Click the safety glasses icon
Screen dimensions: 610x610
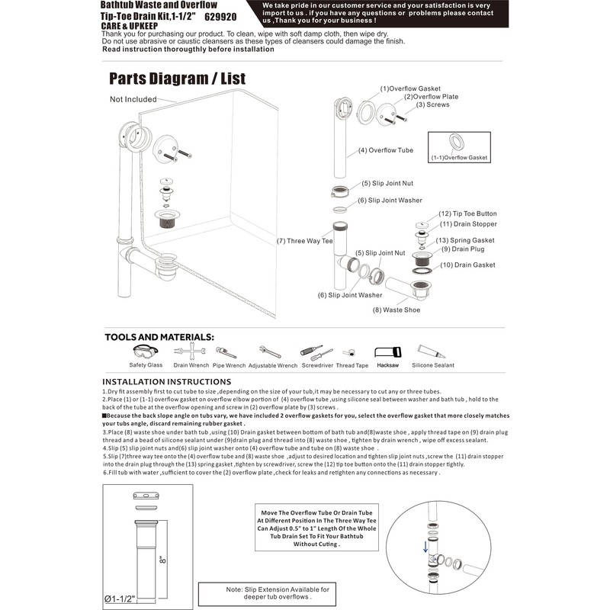coord(145,352)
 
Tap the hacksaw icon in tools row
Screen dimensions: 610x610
coord(387,352)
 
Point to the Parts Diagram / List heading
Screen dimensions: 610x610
coord(177,79)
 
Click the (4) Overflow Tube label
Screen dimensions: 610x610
coord(386,150)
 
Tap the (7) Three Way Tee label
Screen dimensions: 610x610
coord(305,241)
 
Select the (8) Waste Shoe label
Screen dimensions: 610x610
coord(396,310)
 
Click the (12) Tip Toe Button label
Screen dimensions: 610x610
coord(467,213)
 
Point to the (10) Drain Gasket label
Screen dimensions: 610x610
coord(467,265)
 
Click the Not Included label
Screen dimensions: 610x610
coord(133,99)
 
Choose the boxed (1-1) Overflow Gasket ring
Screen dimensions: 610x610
coord(458,142)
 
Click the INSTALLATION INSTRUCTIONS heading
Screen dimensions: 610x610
coord(168,381)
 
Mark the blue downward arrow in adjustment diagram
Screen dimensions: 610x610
coord(425,547)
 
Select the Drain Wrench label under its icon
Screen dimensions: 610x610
coord(191,365)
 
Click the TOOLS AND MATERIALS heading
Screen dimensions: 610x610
coord(159,336)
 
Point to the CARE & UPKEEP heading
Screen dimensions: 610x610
coord(127,25)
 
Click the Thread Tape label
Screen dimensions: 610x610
coord(352,365)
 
